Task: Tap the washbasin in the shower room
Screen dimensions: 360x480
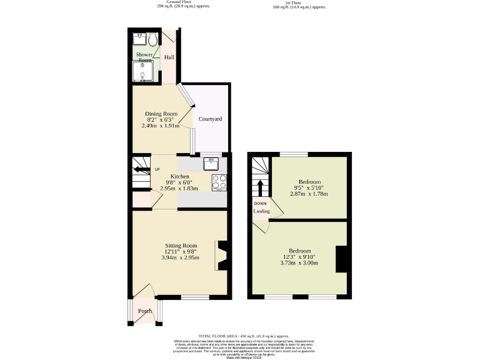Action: (139, 39)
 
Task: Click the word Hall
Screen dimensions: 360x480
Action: (169, 57)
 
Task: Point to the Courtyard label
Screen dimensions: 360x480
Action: (210, 119)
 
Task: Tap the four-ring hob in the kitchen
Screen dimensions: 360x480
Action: (219, 182)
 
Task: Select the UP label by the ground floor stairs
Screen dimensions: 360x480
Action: (157, 170)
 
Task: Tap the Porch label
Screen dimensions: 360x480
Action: (145, 311)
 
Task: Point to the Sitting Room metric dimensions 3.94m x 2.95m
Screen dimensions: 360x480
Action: (181, 257)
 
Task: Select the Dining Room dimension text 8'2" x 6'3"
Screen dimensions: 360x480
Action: (162, 119)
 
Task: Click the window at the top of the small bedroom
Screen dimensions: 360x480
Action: (293, 154)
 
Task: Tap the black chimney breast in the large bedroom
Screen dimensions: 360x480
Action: (341, 259)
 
